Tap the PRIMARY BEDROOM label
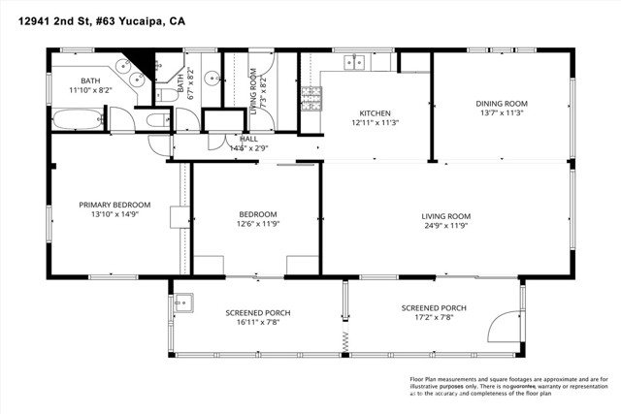click(x=114, y=205)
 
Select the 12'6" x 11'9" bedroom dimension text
click(x=258, y=225)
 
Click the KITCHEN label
click(x=375, y=112)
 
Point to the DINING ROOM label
click(x=501, y=103)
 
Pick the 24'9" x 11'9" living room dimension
click(x=445, y=226)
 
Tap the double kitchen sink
click(x=355, y=63)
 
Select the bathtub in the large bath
click(x=75, y=121)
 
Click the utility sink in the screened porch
click(x=183, y=303)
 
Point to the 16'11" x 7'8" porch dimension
click(x=258, y=323)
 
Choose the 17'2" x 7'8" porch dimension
click(x=434, y=318)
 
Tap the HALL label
click(x=236, y=140)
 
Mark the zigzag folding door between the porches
click(x=343, y=339)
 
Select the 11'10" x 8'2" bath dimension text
click(x=90, y=90)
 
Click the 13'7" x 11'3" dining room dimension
click(x=501, y=112)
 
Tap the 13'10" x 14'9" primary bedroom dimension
click(x=114, y=214)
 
